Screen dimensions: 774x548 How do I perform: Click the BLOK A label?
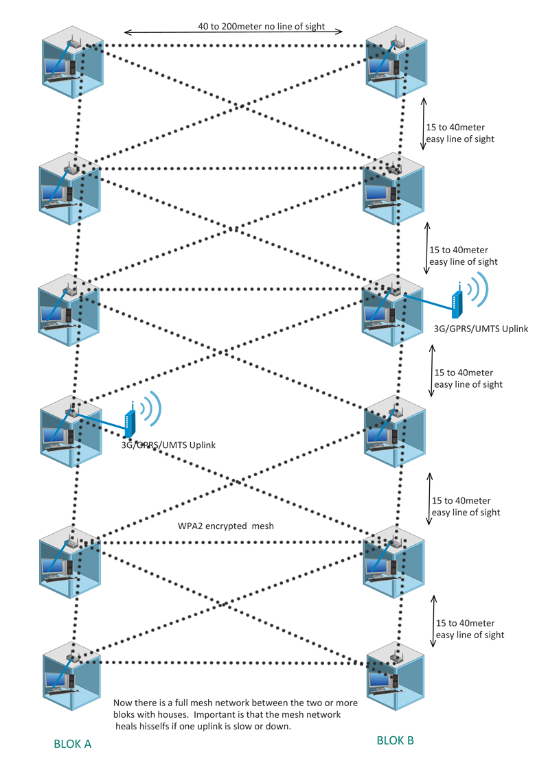pos(72,744)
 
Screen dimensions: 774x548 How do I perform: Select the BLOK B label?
pos(395,740)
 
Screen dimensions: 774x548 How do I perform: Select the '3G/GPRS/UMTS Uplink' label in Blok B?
pos(481,329)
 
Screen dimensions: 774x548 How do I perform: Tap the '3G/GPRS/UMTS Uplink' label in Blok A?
pos(168,445)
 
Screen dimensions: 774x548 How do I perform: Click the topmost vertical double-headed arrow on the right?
pos(424,124)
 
